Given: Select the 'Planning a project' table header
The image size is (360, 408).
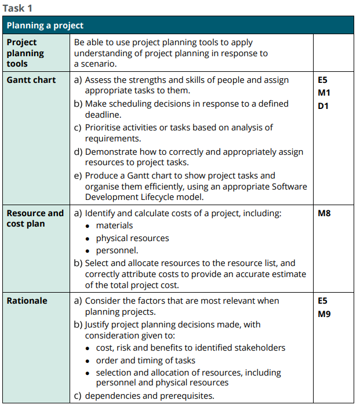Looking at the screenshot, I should (45, 25).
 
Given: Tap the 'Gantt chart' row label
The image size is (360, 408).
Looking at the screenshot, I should (31, 80).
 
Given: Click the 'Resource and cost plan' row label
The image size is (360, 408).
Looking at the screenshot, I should (35, 218).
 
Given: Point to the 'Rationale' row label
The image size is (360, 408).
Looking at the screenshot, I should (27, 301).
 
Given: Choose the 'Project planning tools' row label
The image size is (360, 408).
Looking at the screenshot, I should (25, 53).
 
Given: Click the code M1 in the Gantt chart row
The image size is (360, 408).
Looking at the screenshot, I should (324, 93).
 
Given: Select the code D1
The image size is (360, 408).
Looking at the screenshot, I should (323, 105).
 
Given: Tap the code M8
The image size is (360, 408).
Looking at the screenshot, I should (325, 213).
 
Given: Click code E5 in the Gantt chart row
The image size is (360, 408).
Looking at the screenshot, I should (323, 80).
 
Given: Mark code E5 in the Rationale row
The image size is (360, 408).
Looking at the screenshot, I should (323, 301).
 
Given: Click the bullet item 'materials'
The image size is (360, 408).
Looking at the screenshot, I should (114, 225).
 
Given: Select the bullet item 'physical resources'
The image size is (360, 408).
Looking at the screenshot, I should (132, 238).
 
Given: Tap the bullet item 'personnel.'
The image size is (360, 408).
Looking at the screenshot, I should (117, 250).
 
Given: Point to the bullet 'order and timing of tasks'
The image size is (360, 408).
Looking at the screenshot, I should (146, 360).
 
